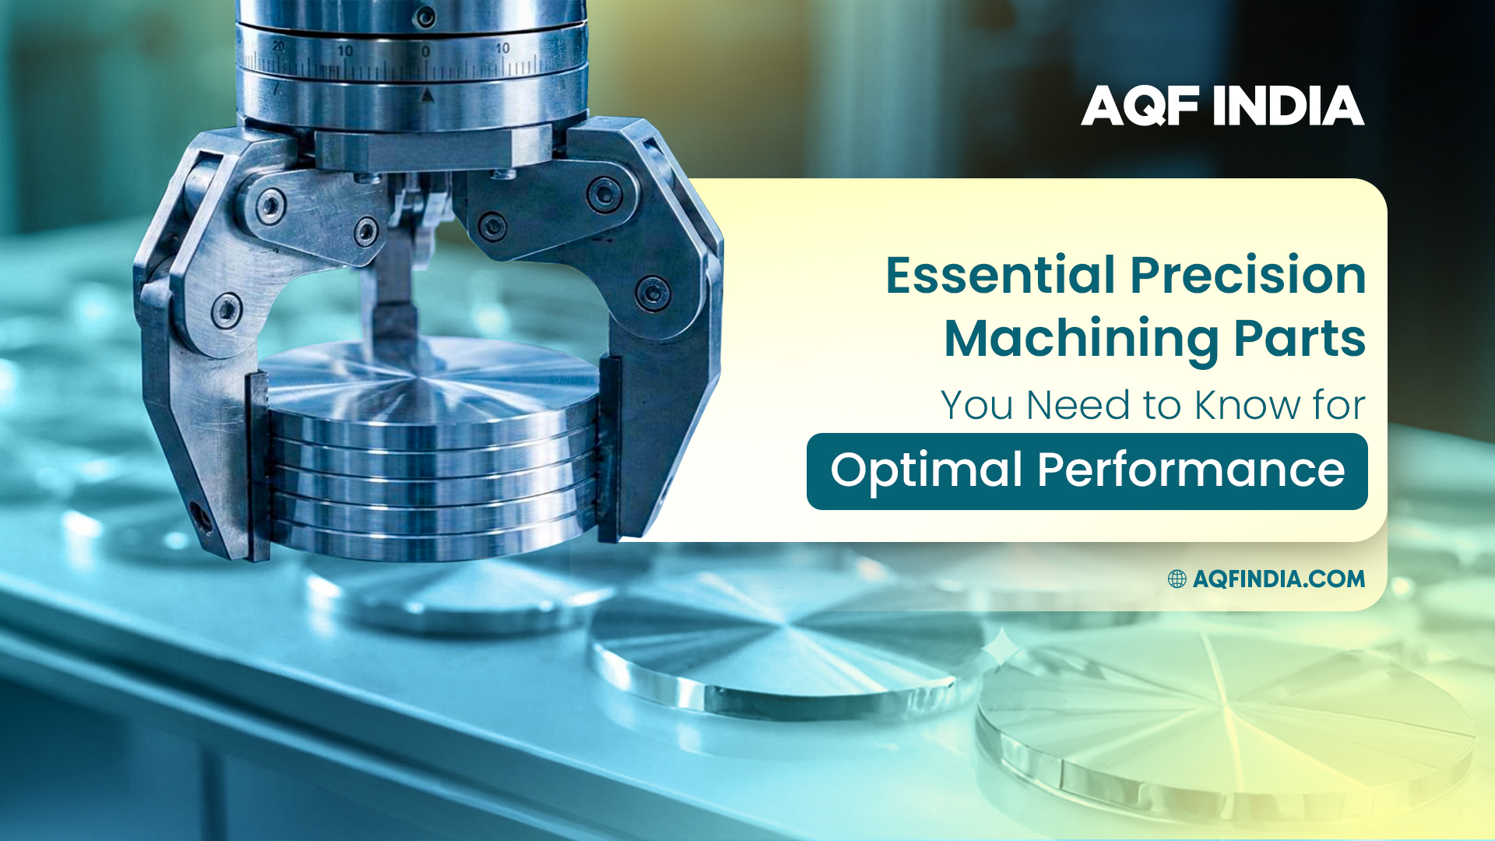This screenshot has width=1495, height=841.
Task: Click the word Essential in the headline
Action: coord(1001,276)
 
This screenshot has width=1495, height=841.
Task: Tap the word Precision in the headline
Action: coord(1247,276)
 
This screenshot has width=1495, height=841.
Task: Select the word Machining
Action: coord(1081,339)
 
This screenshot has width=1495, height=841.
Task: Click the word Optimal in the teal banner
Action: coord(926,470)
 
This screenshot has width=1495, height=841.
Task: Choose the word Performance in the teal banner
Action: coord(1191,470)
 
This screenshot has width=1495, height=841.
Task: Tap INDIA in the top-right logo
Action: coord(1288,106)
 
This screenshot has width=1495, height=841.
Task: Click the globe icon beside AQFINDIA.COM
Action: coord(1177,579)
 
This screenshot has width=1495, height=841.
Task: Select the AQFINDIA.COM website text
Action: coord(1279,579)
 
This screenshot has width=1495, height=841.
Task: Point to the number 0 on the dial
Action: coord(425,51)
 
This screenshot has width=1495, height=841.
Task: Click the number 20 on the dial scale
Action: coord(278,47)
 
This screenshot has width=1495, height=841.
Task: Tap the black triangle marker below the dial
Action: coord(426,95)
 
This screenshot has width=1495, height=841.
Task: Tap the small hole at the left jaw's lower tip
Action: coord(202,516)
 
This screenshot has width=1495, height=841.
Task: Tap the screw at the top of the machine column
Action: coord(425,16)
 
